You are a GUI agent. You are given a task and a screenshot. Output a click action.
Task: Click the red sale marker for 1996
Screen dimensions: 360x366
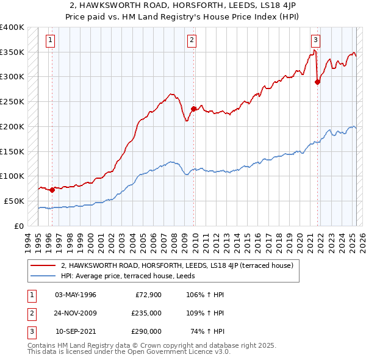tap(52, 189)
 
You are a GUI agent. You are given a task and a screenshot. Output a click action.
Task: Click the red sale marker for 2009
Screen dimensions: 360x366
tap(193, 109)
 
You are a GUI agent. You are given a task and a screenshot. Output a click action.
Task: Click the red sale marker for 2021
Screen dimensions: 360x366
tap(317, 82)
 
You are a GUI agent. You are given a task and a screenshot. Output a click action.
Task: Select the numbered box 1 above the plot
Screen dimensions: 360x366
tap(49, 41)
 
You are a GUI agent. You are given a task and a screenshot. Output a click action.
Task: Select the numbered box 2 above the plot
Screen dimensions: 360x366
tap(192, 41)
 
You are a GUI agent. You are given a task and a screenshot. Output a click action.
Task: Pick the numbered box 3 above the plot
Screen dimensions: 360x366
tap(315, 41)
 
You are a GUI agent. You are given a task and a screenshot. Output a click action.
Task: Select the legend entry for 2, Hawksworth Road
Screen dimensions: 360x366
tap(177, 265)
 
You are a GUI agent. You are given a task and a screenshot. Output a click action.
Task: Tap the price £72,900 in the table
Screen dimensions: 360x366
tap(148, 295)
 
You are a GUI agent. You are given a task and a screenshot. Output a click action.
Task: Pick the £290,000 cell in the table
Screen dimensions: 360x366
tap(146, 331)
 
